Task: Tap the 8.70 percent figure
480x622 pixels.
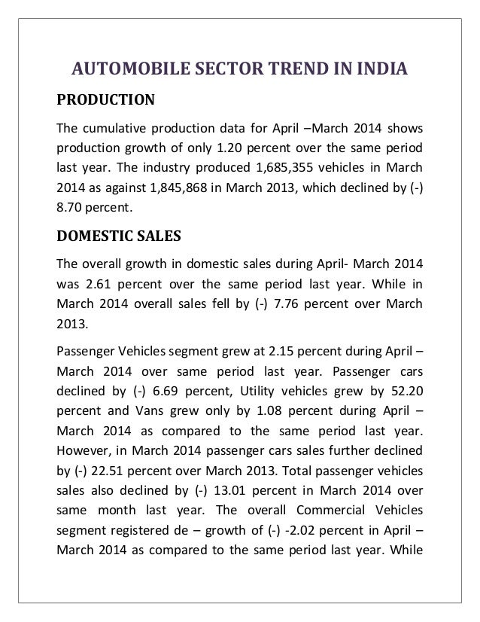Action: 71,205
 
